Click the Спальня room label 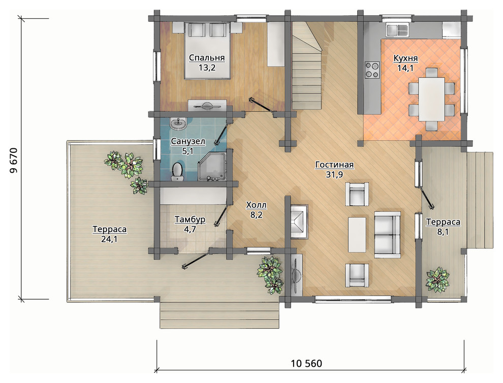pyautogui.click(x=207, y=58)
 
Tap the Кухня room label pyautogui.click(x=405, y=58)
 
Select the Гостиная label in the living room pyautogui.click(x=334, y=165)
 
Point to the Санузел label pyautogui.click(x=188, y=141)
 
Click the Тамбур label pyautogui.click(x=190, y=220)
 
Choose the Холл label pyautogui.click(x=256, y=205)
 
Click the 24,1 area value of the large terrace pyautogui.click(x=109, y=239)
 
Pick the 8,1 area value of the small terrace pyautogui.click(x=443, y=232)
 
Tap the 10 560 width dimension pyautogui.click(x=306, y=363)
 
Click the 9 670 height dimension pyautogui.click(x=14, y=160)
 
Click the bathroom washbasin pyautogui.click(x=178, y=123)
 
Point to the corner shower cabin pyautogui.click(x=212, y=166)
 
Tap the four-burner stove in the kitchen pyautogui.click(x=372, y=70)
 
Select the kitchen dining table pyautogui.click(x=431, y=99)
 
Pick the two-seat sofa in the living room pyautogui.click(x=388, y=235)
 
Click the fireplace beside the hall pyautogui.click(x=299, y=221)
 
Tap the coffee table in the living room pyautogui.click(x=357, y=235)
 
